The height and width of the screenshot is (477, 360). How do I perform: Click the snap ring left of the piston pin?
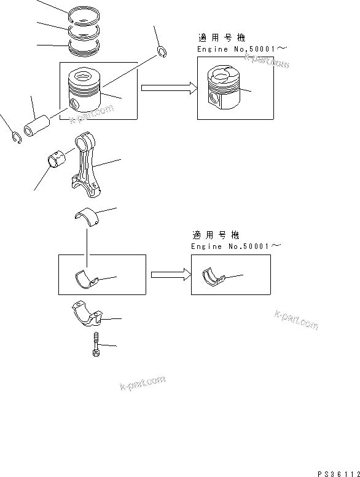point(17,138)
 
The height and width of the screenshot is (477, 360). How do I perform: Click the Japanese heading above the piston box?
point(217,37)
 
